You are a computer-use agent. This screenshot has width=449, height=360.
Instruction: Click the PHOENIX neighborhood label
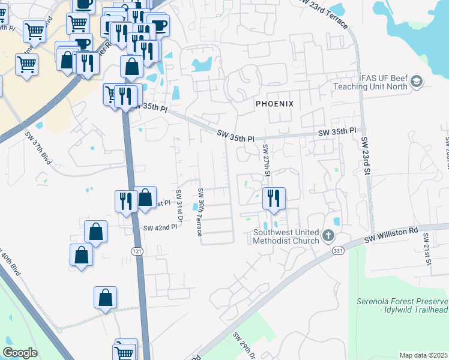tap(274, 104)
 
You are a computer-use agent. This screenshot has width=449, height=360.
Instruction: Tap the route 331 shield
tap(339, 250)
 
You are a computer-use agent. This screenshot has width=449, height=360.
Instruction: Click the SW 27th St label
tap(265, 160)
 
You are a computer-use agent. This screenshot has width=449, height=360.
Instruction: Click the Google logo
tap(20, 353)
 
